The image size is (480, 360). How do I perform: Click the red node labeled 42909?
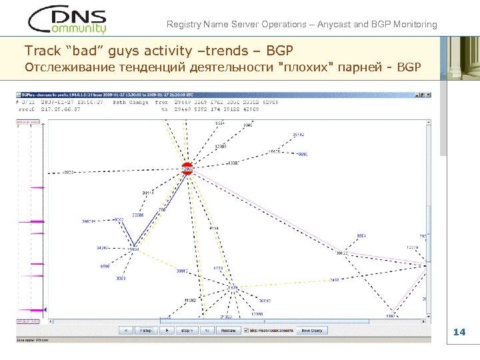[187, 168]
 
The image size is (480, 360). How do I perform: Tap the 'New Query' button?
[311, 330]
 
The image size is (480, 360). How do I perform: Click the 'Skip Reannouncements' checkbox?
[246, 330]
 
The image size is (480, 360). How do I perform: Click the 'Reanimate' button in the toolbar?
[228, 330]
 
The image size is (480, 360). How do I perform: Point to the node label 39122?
[342, 253]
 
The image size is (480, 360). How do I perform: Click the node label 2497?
[334, 280]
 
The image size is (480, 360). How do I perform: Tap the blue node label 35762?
[299, 135]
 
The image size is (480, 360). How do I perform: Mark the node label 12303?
[220, 146]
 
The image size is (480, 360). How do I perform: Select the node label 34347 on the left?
[103, 247]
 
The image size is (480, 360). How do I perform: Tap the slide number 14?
[459, 332]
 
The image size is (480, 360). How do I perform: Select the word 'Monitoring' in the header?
[415, 25]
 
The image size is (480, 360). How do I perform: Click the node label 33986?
[138, 215]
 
